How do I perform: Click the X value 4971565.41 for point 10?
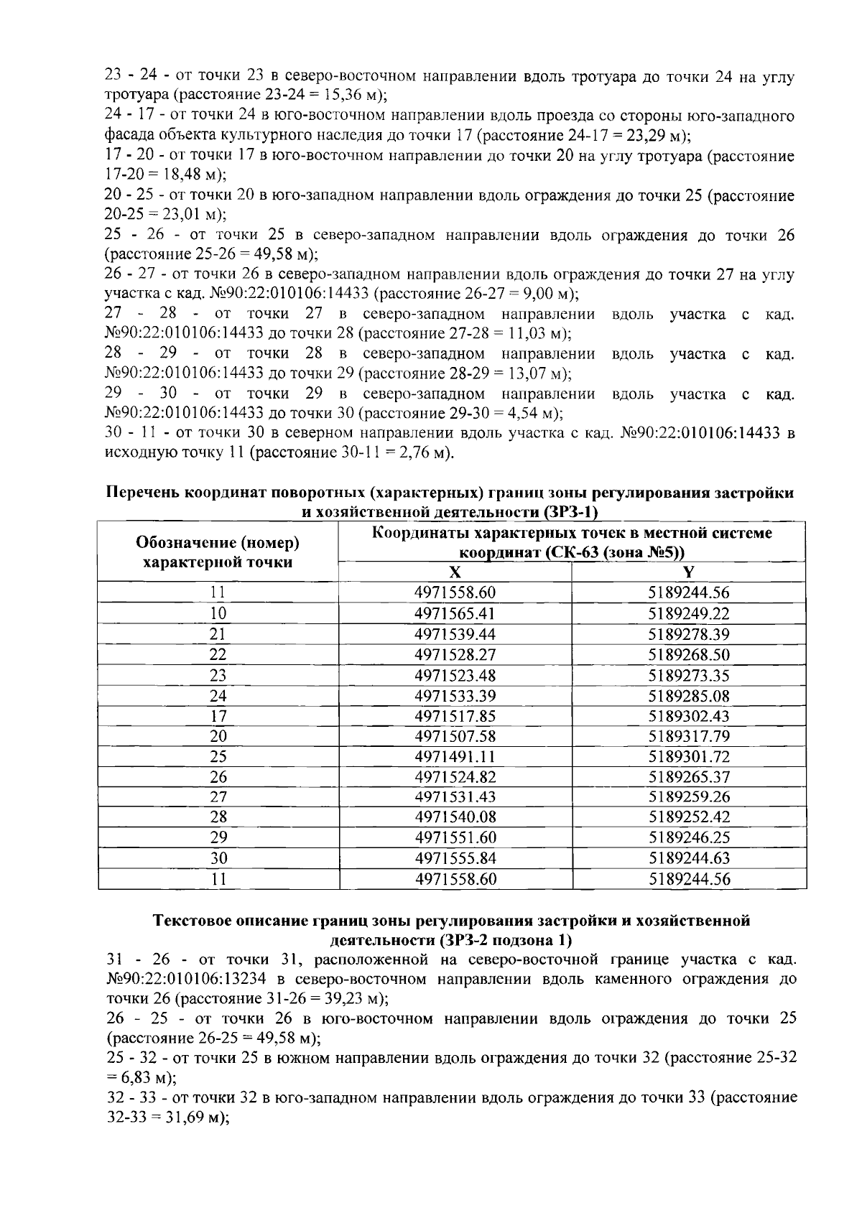pyautogui.click(x=455, y=613)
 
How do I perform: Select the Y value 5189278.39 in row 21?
pyautogui.click(x=689, y=634)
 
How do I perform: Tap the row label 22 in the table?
pyautogui.click(x=218, y=654)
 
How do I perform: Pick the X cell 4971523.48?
pyautogui.click(x=455, y=675)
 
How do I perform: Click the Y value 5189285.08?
pyautogui.click(x=689, y=695)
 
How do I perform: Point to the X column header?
pyautogui.click(x=454, y=572)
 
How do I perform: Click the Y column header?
pyautogui.click(x=689, y=572)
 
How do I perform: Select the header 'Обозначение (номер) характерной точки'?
pyautogui.click(x=218, y=552)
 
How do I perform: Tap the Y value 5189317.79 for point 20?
pyautogui.click(x=689, y=736)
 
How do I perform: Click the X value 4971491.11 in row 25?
pyautogui.click(x=455, y=756)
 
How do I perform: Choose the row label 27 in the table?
pyautogui.click(x=218, y=797)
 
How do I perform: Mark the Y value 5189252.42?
pyautogui.click(x=689, y=817)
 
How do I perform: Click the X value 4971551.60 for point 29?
pyautogui.click(x=455, y=837)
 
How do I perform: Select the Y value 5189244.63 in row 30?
pyautogui.click(x=689, y=858)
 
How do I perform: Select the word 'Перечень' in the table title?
pyautogui.click(x=142, y=493)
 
